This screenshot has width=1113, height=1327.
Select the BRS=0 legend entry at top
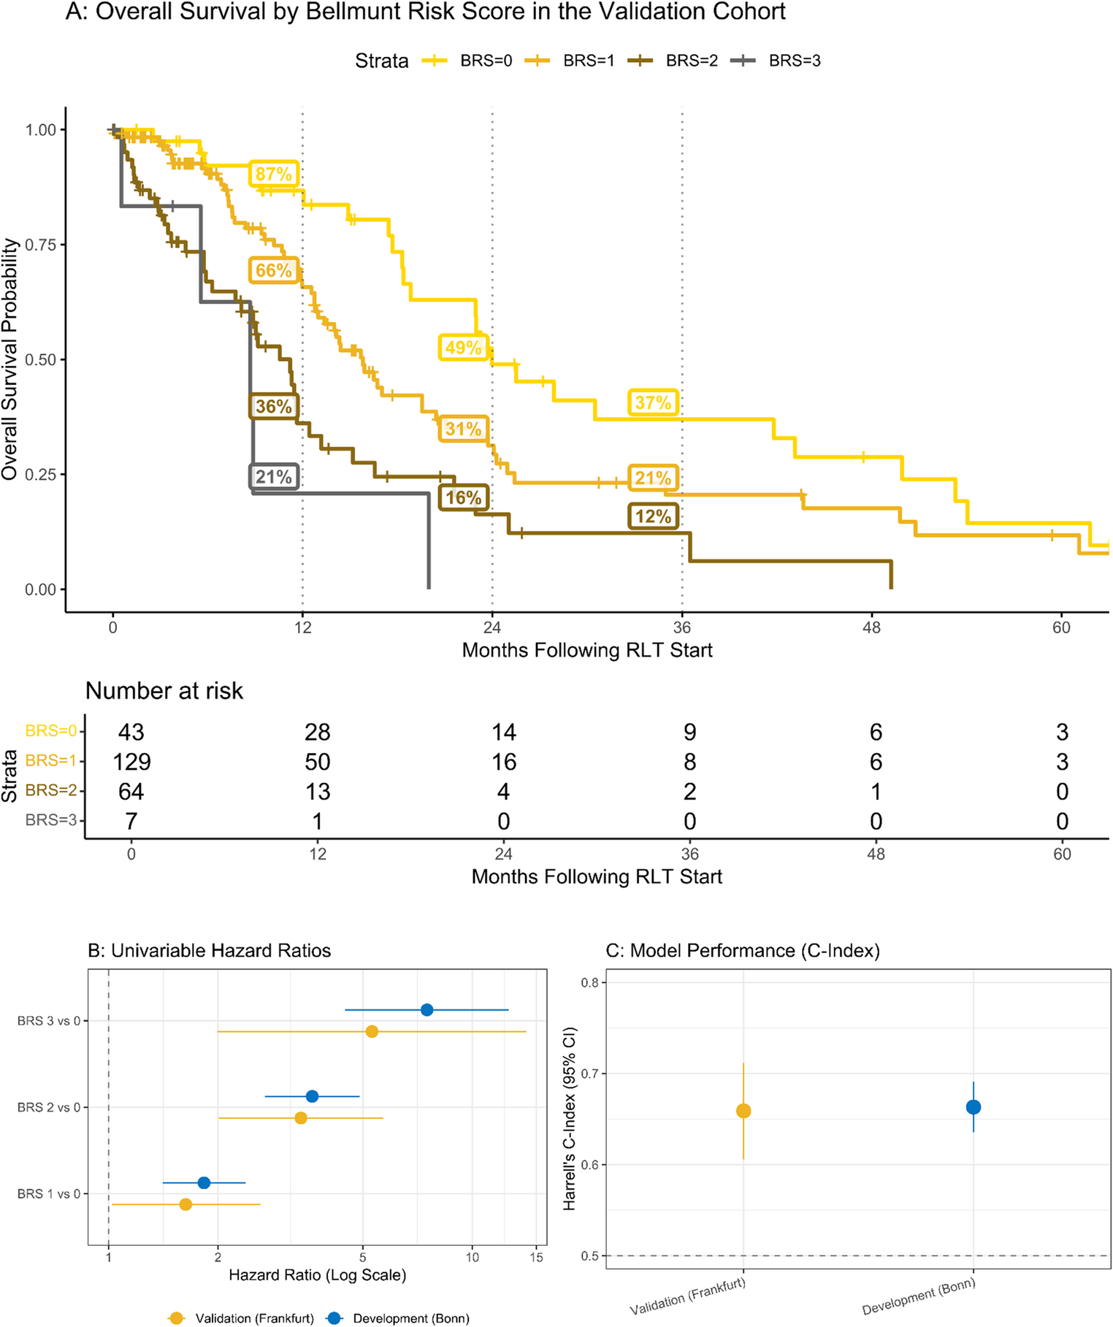[467, 61]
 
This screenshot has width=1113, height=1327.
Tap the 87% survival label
[273, 174]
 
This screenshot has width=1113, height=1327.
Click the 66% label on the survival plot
[273, 271]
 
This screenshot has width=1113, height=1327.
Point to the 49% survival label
[463, 347]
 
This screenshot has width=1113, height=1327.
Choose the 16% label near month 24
[463, 497]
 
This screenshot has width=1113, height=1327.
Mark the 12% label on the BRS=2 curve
[653, 516]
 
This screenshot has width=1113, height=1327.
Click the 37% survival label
[653, 402]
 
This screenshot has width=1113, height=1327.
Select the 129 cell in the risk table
[131, 762]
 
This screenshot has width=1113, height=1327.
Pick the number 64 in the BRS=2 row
[131, 792]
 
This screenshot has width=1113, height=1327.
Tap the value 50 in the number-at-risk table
[318, 762]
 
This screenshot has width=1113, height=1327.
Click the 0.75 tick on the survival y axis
[41, 245]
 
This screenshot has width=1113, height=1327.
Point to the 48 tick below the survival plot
[871, 627]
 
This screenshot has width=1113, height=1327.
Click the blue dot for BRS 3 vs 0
[427, 1010]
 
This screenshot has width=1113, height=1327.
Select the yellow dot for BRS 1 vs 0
[185, 1204]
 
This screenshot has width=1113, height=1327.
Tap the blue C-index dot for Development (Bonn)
[974, 1107]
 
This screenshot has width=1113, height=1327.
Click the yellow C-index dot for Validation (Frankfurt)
[743, 1111]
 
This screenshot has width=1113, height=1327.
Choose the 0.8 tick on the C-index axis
[589, 982]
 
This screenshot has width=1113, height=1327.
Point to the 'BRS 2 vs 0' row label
[49, 1107]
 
